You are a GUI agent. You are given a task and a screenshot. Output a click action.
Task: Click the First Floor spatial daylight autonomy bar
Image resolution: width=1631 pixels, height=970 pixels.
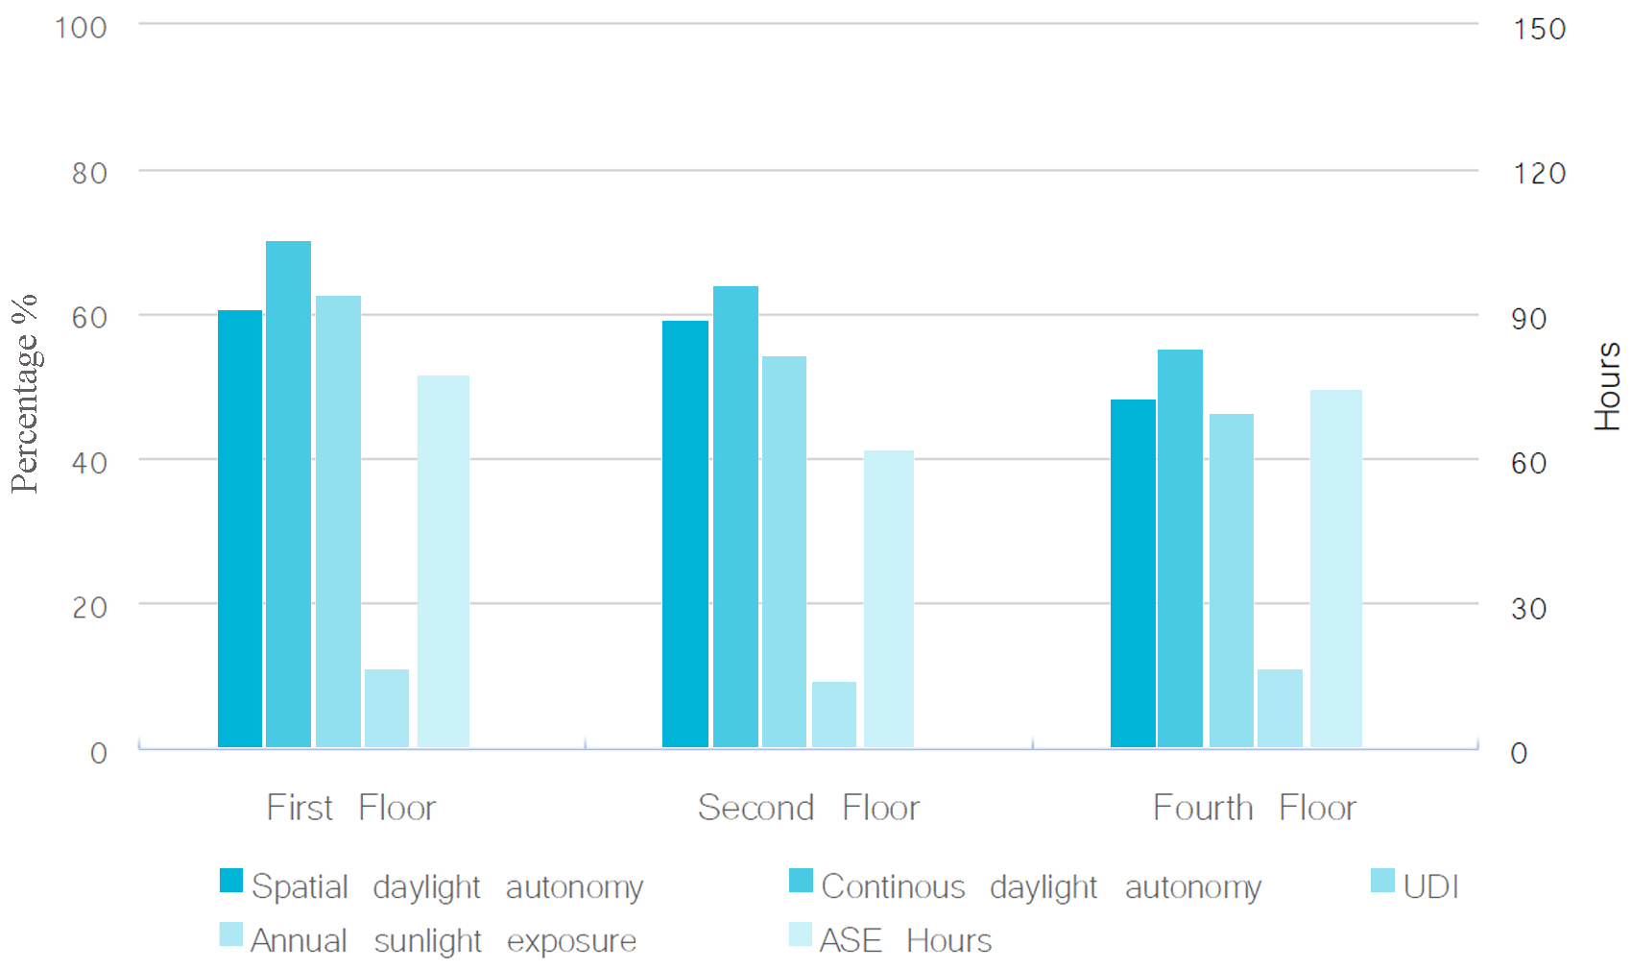[x=240, y=528]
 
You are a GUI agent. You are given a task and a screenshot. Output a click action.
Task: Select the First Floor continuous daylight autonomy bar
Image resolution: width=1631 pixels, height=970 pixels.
[x=288, y=494]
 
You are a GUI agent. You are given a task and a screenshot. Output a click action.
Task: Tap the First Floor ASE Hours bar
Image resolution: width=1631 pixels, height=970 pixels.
[x=443, y=562]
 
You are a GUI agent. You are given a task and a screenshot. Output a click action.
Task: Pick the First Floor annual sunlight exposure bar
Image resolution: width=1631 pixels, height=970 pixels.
[x=387, y=708]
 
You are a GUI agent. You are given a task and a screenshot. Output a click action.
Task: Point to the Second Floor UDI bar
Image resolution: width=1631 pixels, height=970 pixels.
[x=784, y=551]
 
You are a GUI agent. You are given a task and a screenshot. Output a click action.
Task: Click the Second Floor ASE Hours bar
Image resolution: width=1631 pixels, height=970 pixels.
[x=888, y=598]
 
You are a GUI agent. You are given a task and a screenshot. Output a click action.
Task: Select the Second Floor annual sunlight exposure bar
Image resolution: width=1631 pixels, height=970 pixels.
[x=833, y=715]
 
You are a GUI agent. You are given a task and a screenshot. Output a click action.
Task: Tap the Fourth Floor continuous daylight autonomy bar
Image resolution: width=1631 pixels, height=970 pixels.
[x=1180, y=548]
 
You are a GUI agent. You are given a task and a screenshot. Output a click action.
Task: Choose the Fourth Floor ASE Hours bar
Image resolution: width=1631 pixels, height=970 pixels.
[x=1336, y=569]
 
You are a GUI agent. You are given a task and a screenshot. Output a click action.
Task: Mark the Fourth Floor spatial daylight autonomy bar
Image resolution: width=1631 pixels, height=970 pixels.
[x=1133, y=573]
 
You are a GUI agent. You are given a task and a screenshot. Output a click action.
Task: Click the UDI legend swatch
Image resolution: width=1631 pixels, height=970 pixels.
[x=1382, y=881]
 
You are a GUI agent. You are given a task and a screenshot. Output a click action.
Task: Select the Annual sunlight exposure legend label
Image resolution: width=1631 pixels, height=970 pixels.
[x=444, y=941]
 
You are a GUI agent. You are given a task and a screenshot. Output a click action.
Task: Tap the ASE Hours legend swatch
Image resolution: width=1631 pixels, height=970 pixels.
[x=801, y=934]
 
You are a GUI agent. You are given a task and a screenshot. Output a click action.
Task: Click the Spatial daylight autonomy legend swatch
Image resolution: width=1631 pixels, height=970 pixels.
[x=230, y=881]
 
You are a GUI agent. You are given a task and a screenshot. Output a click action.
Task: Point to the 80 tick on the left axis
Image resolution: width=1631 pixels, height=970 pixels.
[x=89, y=173]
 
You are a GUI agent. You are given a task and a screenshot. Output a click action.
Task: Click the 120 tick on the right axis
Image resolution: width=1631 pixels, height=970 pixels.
[x=1539, y=173]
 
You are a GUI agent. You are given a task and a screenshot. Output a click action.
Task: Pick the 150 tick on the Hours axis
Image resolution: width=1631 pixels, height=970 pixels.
[x=1539, y=29]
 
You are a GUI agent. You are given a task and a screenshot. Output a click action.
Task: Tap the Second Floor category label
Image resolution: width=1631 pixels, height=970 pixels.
[x=808, y=808]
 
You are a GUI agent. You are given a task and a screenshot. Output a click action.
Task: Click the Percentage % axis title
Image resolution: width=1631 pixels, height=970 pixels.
[x=25, y=394]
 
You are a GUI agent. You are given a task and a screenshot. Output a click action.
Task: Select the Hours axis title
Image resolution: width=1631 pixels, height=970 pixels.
[x=1607, y=387]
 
